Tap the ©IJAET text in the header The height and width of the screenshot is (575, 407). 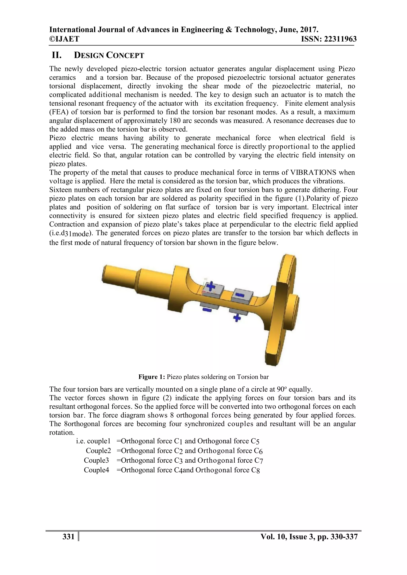(64, 39)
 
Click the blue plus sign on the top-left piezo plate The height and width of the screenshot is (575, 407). (211, 286)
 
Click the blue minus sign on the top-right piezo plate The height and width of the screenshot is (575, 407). (240, 295)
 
